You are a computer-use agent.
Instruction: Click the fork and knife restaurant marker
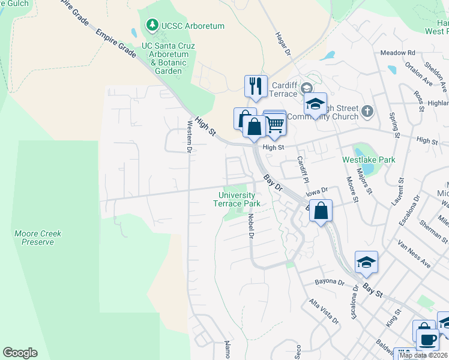click(x=256, y=86)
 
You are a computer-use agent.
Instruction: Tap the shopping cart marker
click(x=275, y=124)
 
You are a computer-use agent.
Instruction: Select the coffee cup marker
click(x=427, y=340)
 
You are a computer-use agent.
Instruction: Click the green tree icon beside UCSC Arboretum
click(x=152, y=25)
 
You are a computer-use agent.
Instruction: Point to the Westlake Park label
click(x=369, y=160)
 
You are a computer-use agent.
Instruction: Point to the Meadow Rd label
click(x=398, y=53)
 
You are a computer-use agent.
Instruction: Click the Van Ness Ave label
click(x=414, y=254)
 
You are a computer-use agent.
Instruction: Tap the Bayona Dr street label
click(x=330, y=281)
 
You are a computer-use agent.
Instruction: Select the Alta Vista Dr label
click(x=325, y=311)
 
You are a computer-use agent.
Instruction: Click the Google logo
click(x=20, y=353)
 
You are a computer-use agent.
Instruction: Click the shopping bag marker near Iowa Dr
click(x=321, y=212)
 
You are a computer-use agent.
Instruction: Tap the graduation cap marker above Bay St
click(x=366, y=263)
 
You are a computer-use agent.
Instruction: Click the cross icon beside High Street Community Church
click(x=368, y=111)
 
